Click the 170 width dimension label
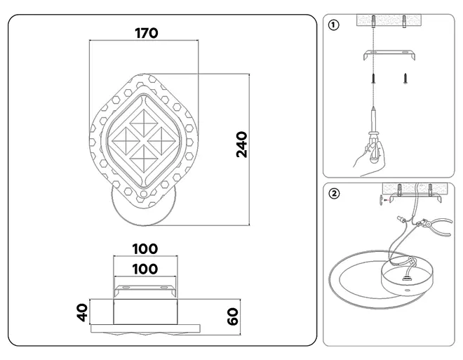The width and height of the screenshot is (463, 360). [x=147, y=33]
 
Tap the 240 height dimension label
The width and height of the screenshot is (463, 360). [x=241, y=145]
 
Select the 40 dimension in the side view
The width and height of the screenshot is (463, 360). [x=82, y=312]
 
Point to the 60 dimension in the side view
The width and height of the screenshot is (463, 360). [x=233, y=316]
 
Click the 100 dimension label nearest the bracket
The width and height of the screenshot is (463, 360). [x=145, y=269]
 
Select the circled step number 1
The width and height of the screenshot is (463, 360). [x=334, y=25]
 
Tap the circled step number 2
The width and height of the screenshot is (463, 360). [x=334, y=194]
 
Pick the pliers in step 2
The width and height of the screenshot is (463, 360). [x=434, y=225]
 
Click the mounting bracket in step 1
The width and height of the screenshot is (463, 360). [x=389, y=54]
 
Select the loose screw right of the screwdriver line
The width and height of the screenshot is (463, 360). [x=405, y=79]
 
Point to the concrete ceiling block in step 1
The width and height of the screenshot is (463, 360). [x=389, y=20]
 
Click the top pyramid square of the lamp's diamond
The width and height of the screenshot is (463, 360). [x=144, y=123]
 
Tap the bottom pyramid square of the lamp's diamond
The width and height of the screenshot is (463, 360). [x=144, y=159]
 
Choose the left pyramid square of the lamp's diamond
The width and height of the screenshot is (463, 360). [x=126, y=141]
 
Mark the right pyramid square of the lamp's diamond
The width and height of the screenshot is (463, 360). [x=162, y=141]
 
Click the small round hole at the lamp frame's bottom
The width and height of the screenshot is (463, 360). [x=144, y=194]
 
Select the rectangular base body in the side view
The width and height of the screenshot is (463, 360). [x=146, y=312]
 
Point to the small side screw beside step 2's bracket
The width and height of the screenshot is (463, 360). [x=382, y=200]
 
